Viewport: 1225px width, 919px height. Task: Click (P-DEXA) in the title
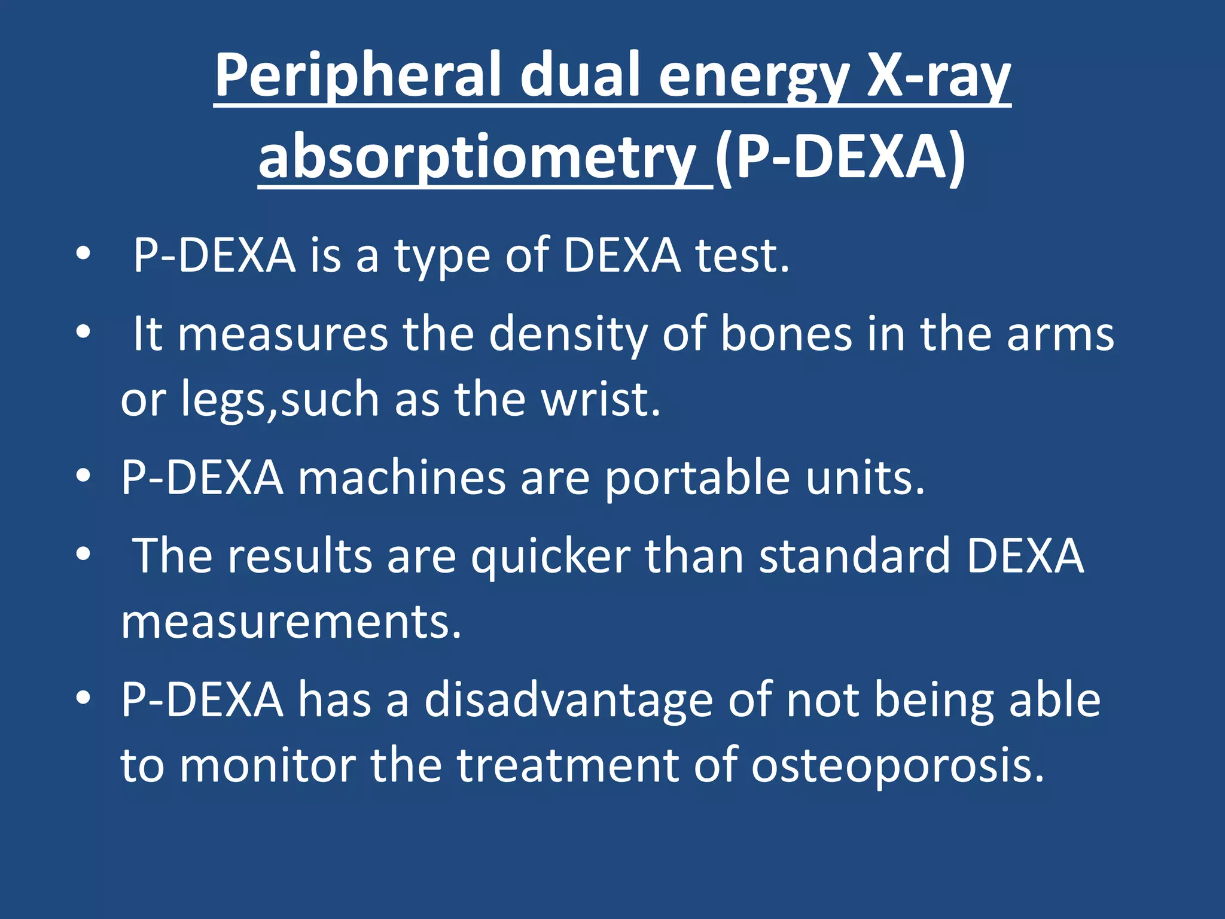coord(840,157)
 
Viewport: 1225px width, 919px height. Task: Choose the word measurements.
coord(291,622)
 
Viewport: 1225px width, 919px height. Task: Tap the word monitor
coord(268,766)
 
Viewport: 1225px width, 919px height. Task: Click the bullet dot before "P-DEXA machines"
coord(83,476)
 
